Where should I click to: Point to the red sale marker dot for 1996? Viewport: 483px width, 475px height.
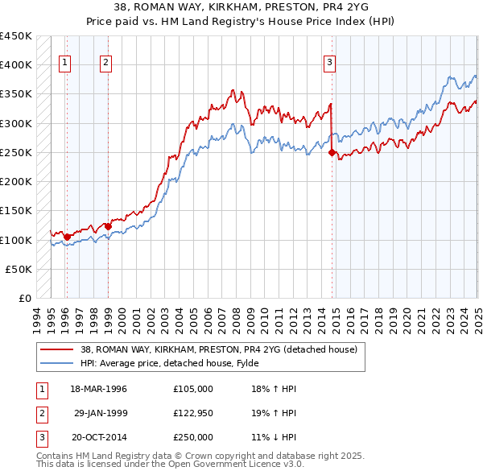(67, 237)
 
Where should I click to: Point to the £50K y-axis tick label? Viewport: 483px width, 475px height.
(19, 270)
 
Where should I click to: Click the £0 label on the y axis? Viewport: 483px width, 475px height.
(24, 299)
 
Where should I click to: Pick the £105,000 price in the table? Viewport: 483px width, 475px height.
(193, 389)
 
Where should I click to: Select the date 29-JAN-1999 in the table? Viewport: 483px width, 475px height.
(100, 413)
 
